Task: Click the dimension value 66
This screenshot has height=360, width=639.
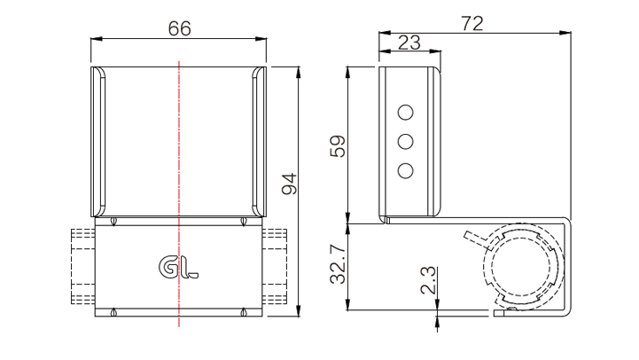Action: tap(179, 28)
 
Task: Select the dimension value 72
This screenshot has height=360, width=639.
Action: tap(472, 23)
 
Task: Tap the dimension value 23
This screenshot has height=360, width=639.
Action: tap(409, 43)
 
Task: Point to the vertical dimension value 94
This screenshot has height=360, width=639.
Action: tap(290, 184)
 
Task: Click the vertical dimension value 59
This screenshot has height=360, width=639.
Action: tap(338, 146)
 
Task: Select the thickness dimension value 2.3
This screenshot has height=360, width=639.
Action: tap(428, 280)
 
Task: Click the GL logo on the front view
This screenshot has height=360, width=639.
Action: tap(178, 268)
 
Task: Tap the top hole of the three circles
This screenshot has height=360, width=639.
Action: tap(406, 112)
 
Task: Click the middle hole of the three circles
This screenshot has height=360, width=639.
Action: tap(406, 142)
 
